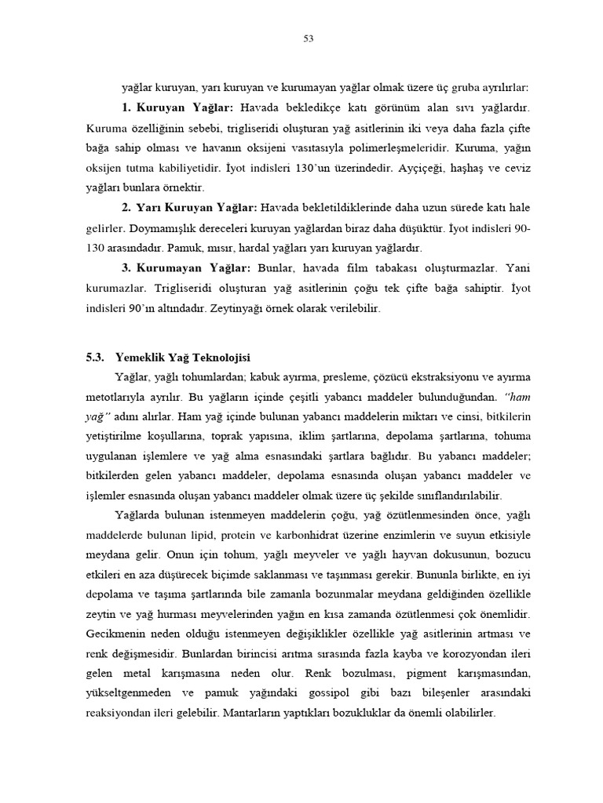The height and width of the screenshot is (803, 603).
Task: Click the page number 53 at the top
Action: click(x=308, y=38)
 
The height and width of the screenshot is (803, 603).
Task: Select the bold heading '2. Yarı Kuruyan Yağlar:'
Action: click(x=189, y=207)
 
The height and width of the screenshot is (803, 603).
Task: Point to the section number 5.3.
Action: click(x=95, y=335)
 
